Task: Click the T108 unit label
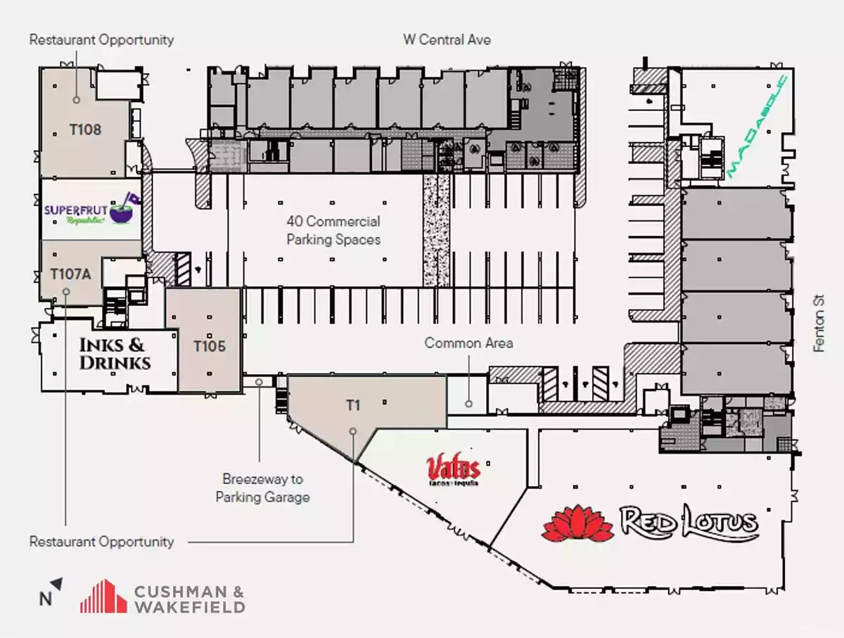pos(85,130)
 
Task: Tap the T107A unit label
pos(70,274)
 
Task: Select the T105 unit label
pos(210,346)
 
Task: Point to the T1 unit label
pos(352,405)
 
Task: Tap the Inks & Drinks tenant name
pos(114,354)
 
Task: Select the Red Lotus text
pos(689,523)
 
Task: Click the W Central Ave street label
pos(447,39)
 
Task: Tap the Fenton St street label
pos(819,324)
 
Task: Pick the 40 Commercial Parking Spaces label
pos(333,231)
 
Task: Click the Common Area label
pos(468,343)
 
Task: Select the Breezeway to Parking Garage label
pos(263,488)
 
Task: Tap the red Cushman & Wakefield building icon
pos(103,596)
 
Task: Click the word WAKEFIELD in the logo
pos(189,606)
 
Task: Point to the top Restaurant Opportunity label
pos(101,39)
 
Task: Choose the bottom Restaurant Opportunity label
pos(101,542)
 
